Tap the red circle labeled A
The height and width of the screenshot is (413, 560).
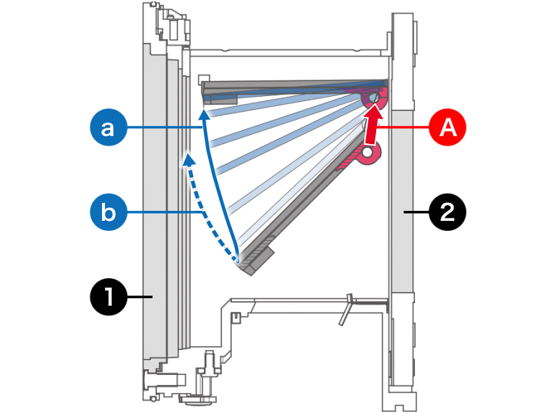pos(448,129)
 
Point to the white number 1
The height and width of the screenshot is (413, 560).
pos(109,296)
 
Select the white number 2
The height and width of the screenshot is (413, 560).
pos(447,212)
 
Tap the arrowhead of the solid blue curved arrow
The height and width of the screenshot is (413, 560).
pos(205,113)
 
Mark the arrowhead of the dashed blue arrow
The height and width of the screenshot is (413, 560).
pos(189,157)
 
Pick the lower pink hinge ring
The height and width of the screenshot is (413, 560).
pos(369,153)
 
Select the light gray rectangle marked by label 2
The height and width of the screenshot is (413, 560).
pos(402,201)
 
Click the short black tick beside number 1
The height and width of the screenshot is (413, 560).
pos(148,296)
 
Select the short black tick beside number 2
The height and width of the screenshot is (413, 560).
pos(407,212)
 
